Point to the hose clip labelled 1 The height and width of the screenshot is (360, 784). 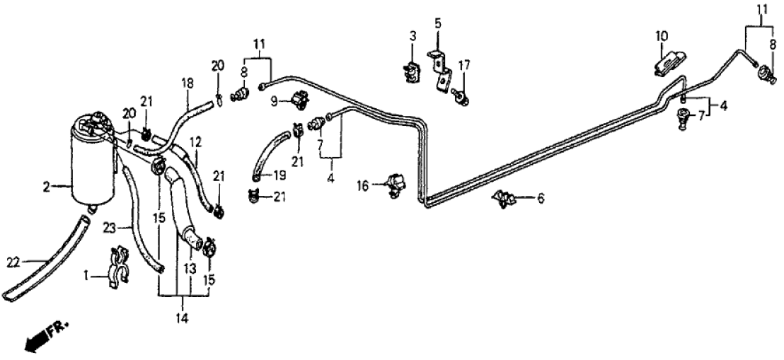(x=118, y=269)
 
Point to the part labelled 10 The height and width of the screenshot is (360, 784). (x=667, y=62)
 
